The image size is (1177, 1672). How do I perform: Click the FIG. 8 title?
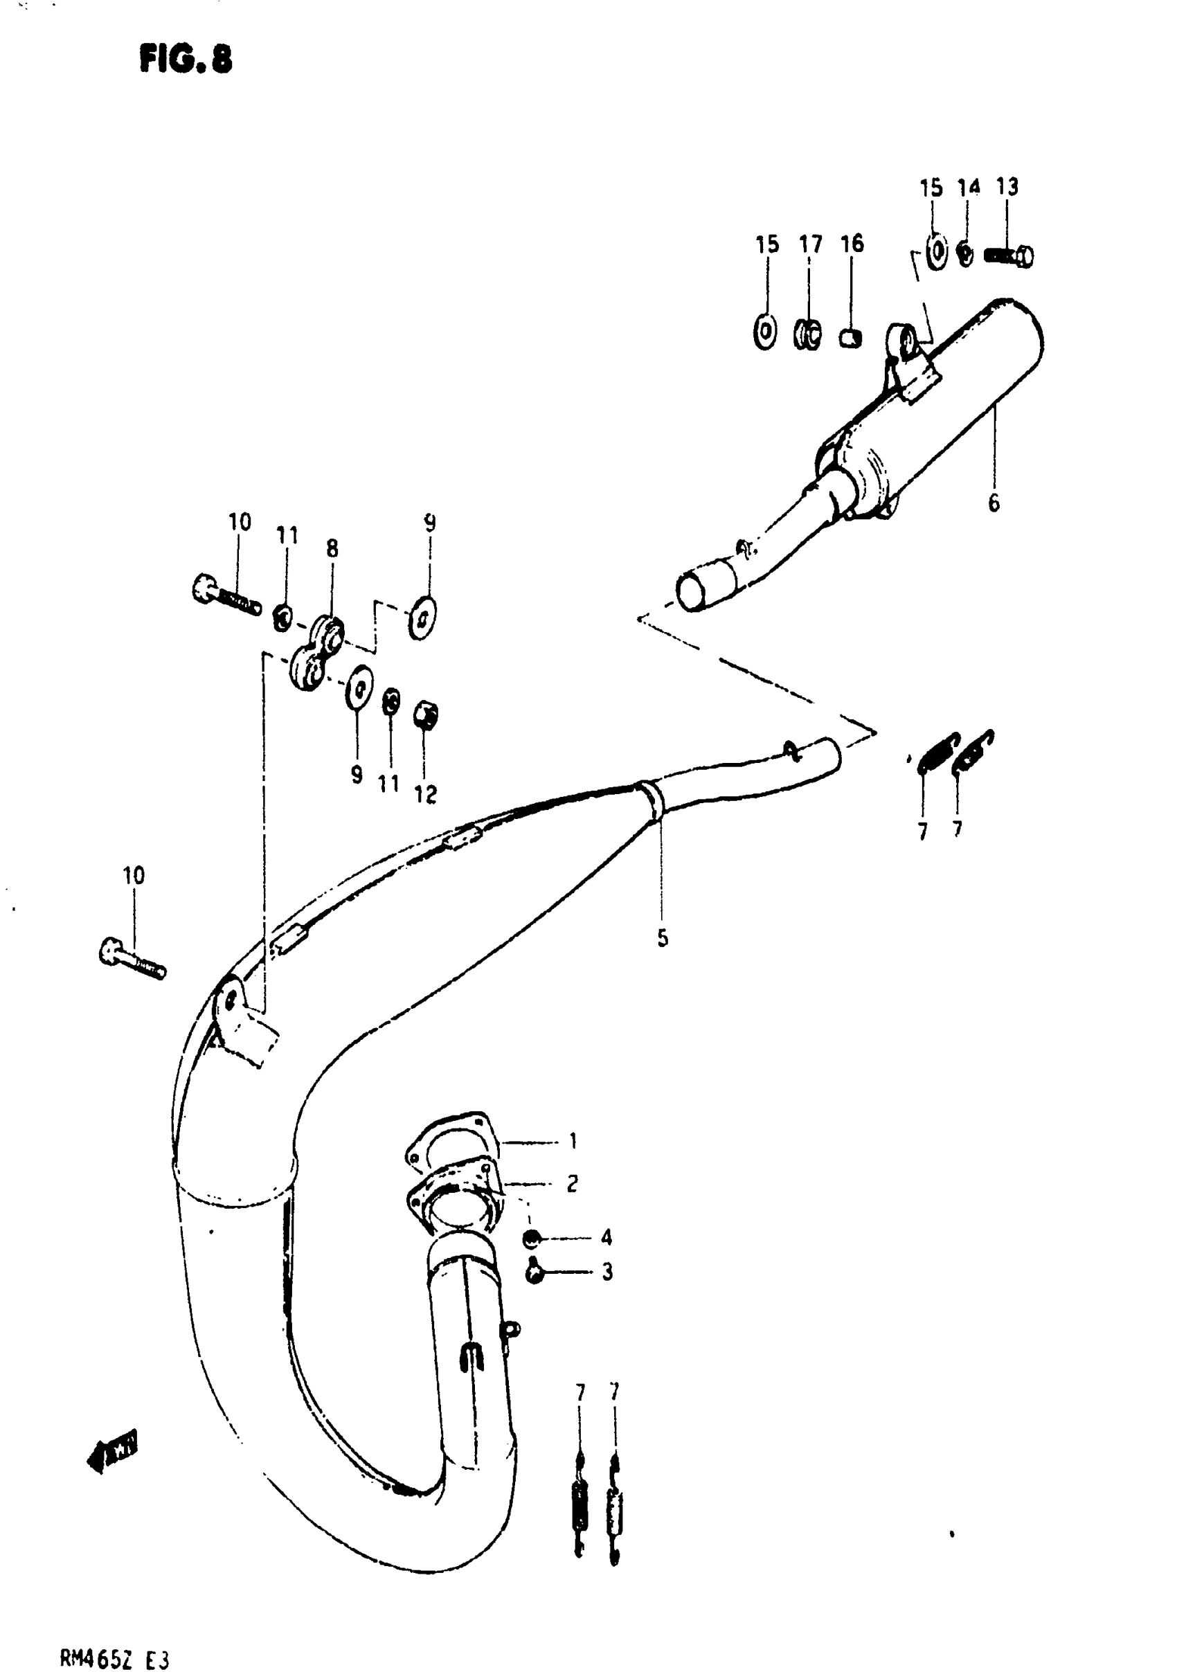(185, 59)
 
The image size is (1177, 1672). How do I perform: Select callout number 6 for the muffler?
(994, 503)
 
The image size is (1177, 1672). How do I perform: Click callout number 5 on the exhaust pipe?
(662, 939)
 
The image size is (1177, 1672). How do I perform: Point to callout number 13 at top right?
(1007, 187)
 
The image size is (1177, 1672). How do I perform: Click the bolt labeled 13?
(1009, 256)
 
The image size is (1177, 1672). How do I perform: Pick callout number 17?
(811, 244)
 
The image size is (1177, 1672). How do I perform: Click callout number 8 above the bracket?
(332, 548)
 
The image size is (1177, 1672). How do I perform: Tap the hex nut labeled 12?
(425, 717)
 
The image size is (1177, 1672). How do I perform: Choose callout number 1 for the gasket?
(573, 1140)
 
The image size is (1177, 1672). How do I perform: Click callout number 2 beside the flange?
(573, 1183)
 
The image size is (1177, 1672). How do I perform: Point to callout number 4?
(606, 1237)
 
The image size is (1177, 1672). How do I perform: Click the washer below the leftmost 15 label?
(765, 333)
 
